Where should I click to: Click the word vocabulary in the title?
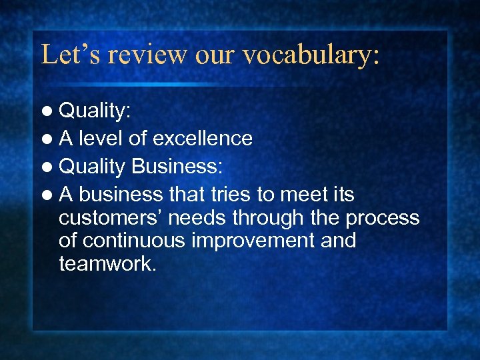click(x=311, y=54)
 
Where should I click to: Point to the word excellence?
click(x=202, y=138)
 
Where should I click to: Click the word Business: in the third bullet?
click(x=177, y=166)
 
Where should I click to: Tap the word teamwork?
click(x=107, y=264)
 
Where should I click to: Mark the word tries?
click(x=218, y=195)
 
